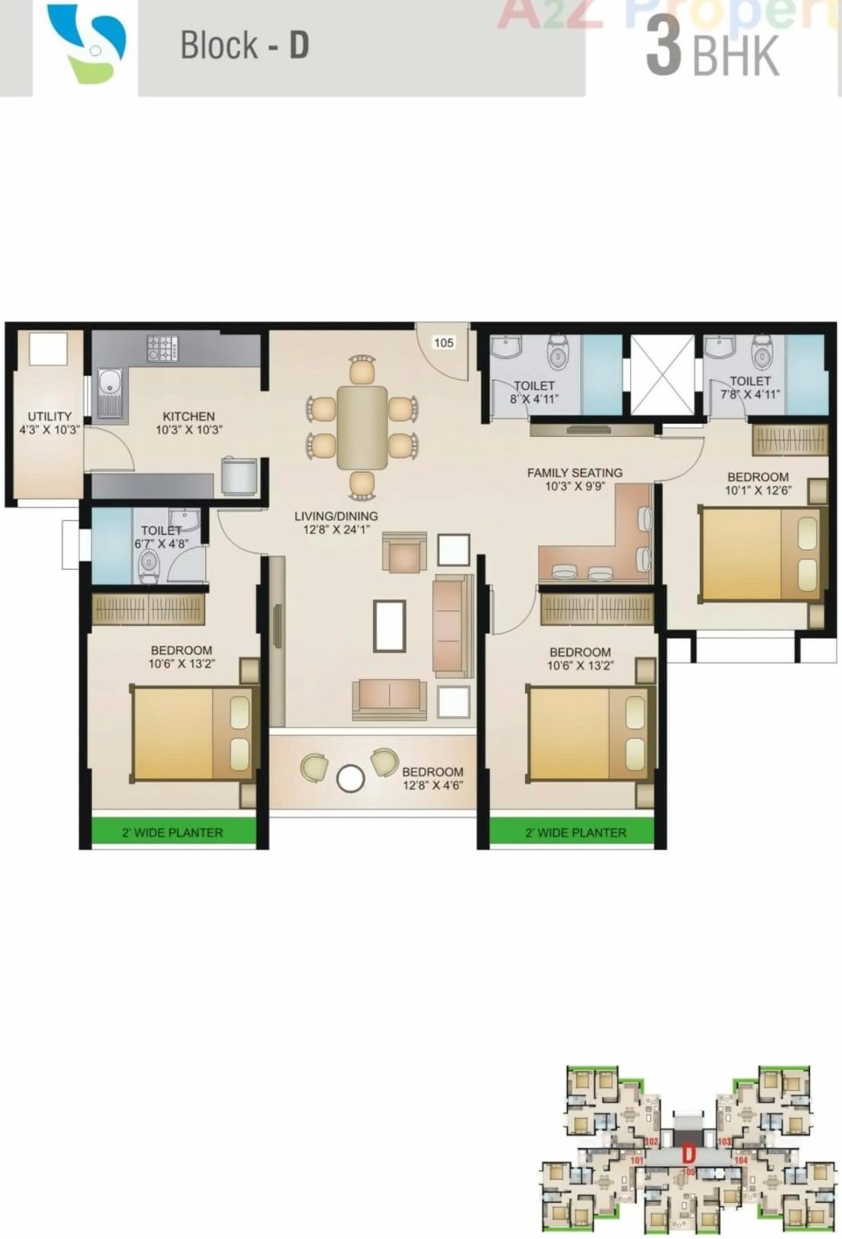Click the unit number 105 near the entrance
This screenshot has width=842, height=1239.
tap(444, 343)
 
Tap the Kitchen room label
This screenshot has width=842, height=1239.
tap(188, 416)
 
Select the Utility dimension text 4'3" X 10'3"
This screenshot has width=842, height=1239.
tap(49, 430)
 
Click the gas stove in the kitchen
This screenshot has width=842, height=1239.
tap(163, 349)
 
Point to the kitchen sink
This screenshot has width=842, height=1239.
tap(109, 394)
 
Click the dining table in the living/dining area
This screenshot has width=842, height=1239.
tap(362, 428)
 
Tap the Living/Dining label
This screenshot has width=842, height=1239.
tap(336, 516)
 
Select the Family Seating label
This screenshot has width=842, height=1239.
tap(575, 473)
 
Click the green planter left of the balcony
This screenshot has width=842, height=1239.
tap(173, 831)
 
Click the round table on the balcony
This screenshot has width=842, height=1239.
tap(350, 779)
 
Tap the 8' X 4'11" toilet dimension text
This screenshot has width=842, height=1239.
tap(534, 398)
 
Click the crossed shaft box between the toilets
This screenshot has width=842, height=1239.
tap(663, 375)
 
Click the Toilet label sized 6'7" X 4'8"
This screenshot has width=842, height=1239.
tap(161, 530)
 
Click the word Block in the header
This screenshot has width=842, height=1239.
tap(219, 46)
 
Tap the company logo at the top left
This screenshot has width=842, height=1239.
tap(87, 44)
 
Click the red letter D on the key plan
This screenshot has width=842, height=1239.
tap(688, 1154)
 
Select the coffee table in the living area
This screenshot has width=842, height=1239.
tap(389, 625)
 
